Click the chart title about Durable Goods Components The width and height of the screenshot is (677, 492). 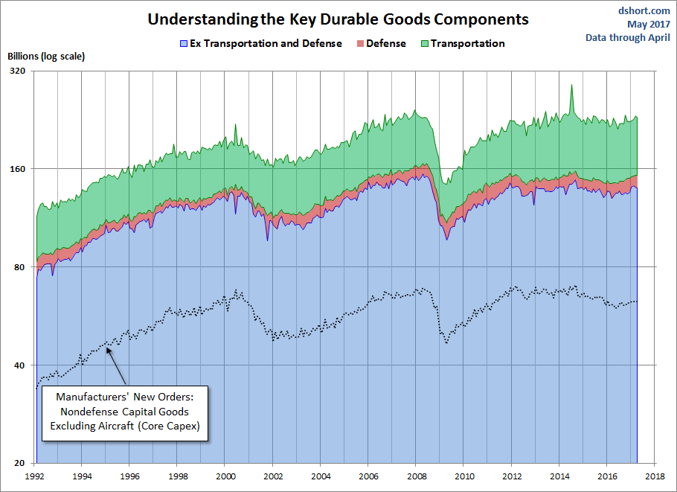pyautogui.click(x=338, y=19)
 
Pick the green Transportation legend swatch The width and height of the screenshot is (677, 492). pyautogui.click(x=424, y=44)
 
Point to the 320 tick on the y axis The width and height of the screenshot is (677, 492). pyautogui.click(x=16, y=71)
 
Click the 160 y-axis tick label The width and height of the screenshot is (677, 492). pyautogui.click(x=16, y=169)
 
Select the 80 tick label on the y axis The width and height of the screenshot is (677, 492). pyautogui.click(x=19, y=267)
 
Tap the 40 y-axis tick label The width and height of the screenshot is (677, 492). pyautogui.click(x=19, y=365)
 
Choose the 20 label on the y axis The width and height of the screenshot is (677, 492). pyautogui.click(x=19, y=463)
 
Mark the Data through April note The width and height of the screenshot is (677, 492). pyautogui.click(x=628, y=37)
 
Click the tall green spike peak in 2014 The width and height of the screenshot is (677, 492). pyautogui.click(x=571, y=85)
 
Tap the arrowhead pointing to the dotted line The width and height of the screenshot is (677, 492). pyautogui.click(x=109, y=348)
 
